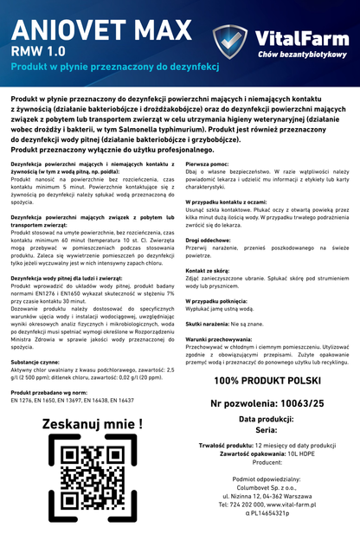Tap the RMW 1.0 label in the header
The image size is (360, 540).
pos(39,52)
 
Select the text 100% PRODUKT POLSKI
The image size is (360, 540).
pos(268,381)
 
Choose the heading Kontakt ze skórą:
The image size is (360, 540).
pos(209,271)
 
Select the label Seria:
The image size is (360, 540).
pos(268,431)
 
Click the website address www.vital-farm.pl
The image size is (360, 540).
pos(297,504)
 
